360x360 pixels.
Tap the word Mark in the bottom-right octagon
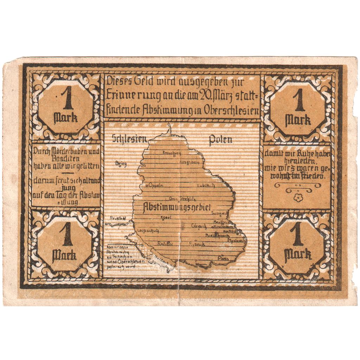point(298,254)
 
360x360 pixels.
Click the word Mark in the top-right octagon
point(298,121)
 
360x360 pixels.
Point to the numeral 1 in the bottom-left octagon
point(65,235)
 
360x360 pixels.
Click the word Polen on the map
point(220,140)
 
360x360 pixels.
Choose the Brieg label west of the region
point(121,163)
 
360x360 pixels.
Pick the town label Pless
point(223,259)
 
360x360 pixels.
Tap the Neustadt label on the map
point(116,218)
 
